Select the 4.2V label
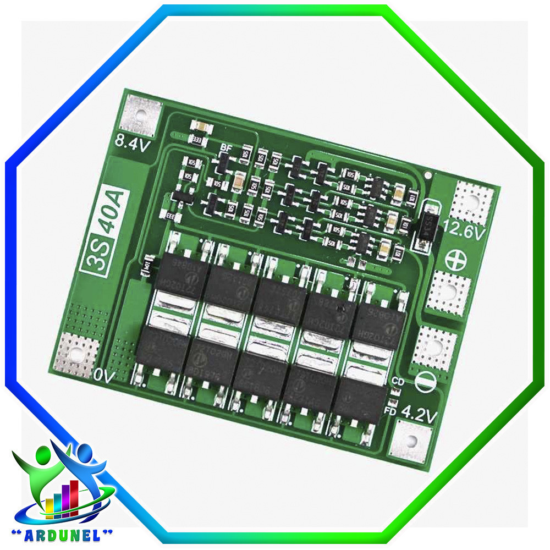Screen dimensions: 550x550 point(419,414)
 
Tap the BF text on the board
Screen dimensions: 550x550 point(226,147)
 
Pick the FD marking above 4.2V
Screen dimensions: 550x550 point(391,410)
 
